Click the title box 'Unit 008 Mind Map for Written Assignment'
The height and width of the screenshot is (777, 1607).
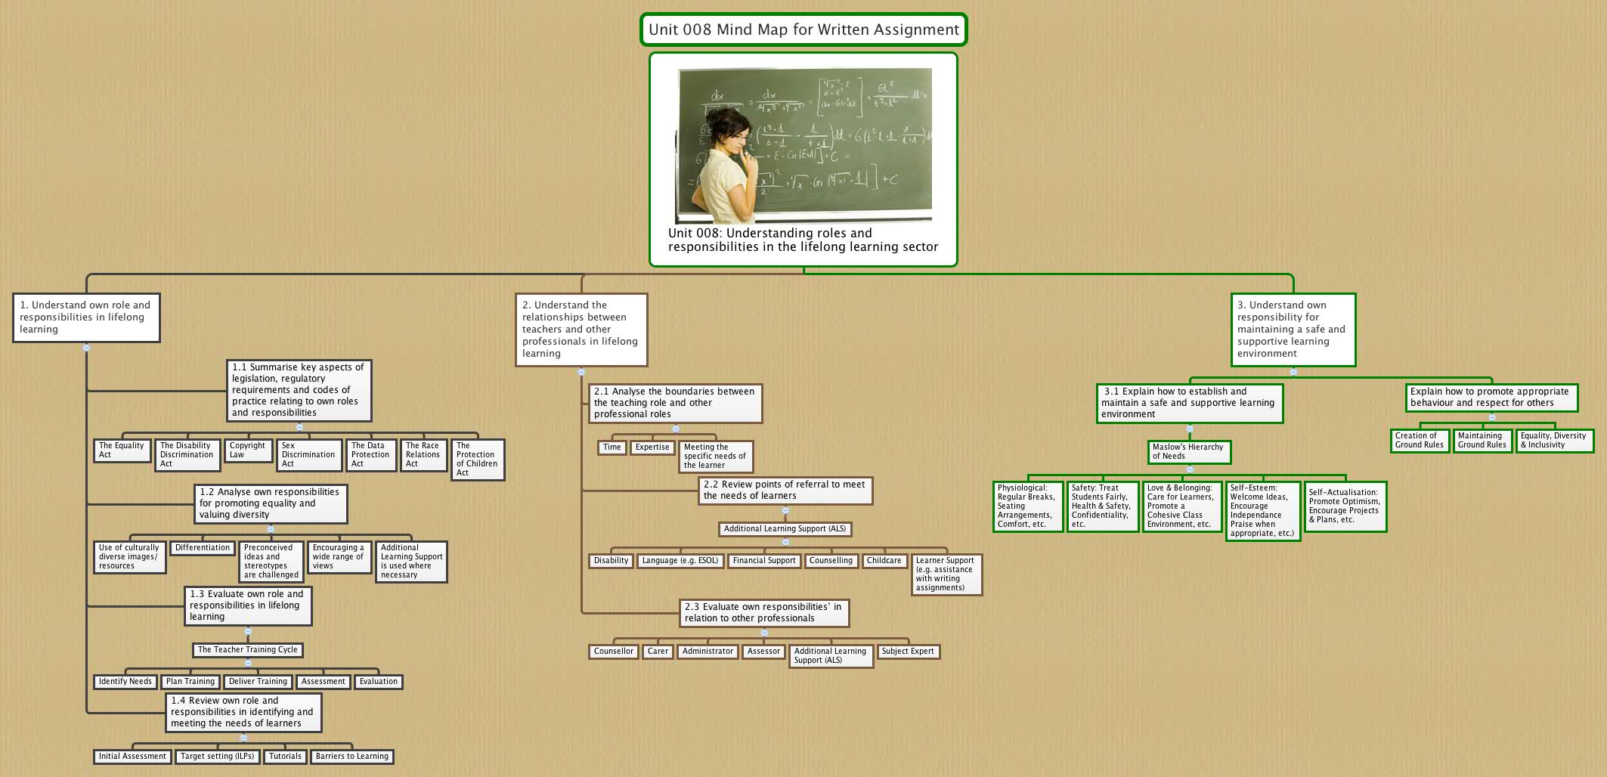(x=803, y=30)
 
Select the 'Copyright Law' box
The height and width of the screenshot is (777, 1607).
(x=248, y=450)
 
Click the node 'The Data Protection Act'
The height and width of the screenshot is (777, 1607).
(x=371, y=455)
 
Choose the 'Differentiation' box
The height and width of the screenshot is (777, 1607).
(x=203, y=548)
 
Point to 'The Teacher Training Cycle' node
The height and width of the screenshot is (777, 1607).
(x=248, y=650)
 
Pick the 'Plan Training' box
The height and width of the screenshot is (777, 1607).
(x=190, y=682)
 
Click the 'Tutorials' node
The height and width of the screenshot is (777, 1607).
(x=285, y=757)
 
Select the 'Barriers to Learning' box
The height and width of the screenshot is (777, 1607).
(x=352, y=757)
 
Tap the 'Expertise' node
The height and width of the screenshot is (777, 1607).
(x=652, y=447)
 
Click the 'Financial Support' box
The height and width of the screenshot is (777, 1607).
(x=764, y=561)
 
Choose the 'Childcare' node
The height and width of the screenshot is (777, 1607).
(x=884, y=561)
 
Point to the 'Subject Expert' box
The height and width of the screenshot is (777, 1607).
(x=908, y=652)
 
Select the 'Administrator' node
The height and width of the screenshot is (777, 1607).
(x=708, y=652)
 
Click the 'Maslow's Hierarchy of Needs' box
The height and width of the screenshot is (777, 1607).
(x=1189, y=452)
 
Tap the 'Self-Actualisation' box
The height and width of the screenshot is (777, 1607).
(x=1345, y=506)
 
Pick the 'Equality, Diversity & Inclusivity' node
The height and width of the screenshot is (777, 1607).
(x=1554, y=441)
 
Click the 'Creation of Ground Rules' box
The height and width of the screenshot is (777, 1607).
(x=1420, y=441)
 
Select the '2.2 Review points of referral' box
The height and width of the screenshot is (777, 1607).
(x=785, y=491)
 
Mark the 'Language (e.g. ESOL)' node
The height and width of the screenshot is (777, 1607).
(x=680, y=561)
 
